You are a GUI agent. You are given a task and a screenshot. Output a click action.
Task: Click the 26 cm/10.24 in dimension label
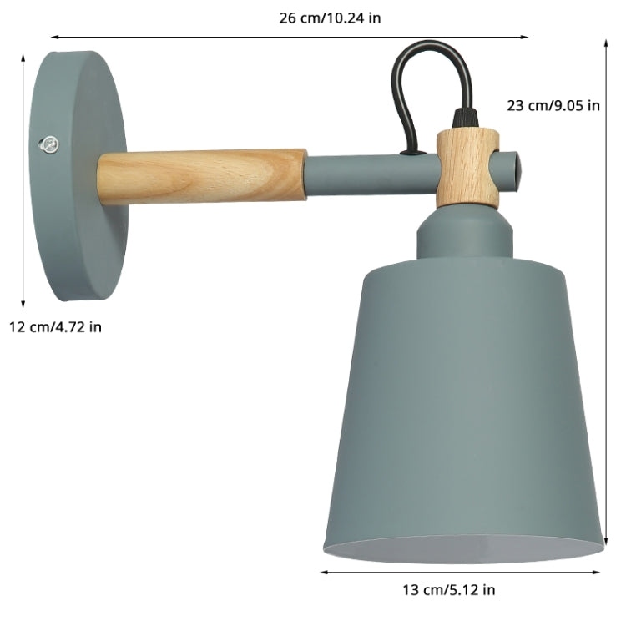click(x=330, y=18)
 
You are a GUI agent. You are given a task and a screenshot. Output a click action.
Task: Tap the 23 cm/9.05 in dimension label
click(x=553, y=105)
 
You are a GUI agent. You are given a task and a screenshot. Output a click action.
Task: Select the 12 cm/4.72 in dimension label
click(x=55, y=326)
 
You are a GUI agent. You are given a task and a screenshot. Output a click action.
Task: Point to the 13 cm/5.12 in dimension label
click(x=448, y=590)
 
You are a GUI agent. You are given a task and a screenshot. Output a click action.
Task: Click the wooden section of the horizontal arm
click(x=201, y=175)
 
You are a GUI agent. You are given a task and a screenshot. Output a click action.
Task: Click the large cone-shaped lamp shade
click(x=463, y=401)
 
